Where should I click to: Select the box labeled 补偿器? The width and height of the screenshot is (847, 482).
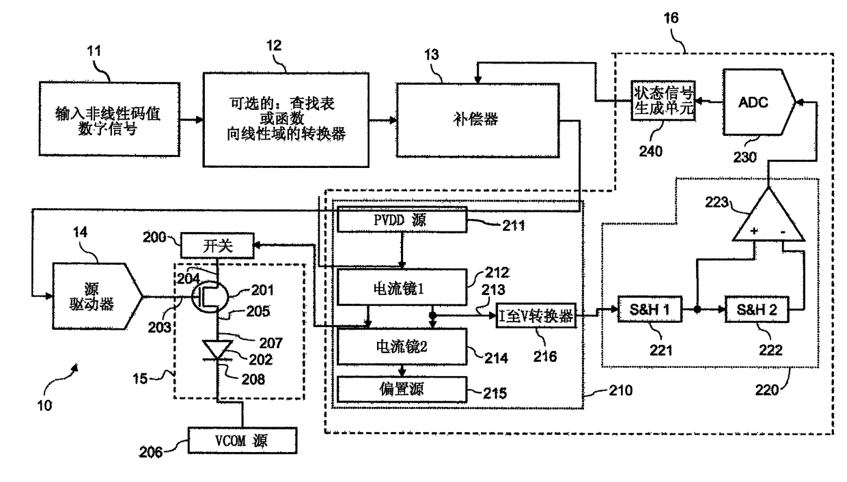(477, 120)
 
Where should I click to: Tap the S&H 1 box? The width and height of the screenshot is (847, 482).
(650, 309)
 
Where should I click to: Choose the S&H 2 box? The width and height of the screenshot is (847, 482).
(757, 309)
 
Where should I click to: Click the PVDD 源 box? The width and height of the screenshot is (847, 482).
(402, 219)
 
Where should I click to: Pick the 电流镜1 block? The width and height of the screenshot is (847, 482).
(402, 287)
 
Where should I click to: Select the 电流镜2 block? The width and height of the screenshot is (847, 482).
(402, 347)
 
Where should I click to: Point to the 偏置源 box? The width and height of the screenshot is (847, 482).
(402, 389)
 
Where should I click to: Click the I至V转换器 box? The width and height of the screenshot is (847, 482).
(536, 315)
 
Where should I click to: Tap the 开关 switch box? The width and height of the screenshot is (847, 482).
(217, 246)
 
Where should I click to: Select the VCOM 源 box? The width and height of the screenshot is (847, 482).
(242, 440)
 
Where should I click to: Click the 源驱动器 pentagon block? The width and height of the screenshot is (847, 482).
(97, 296)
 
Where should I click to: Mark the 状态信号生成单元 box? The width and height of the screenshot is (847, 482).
(663, 100)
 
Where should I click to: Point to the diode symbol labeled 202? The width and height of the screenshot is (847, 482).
(217, 350)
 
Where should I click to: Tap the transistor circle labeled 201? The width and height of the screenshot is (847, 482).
(210, 297)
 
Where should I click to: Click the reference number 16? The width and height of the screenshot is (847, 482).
(671, 18)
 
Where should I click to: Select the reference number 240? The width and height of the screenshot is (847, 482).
(650, 151)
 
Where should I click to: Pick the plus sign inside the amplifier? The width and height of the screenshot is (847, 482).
(754, 231)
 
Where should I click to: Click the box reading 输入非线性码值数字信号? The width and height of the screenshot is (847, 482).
(109, 119)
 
